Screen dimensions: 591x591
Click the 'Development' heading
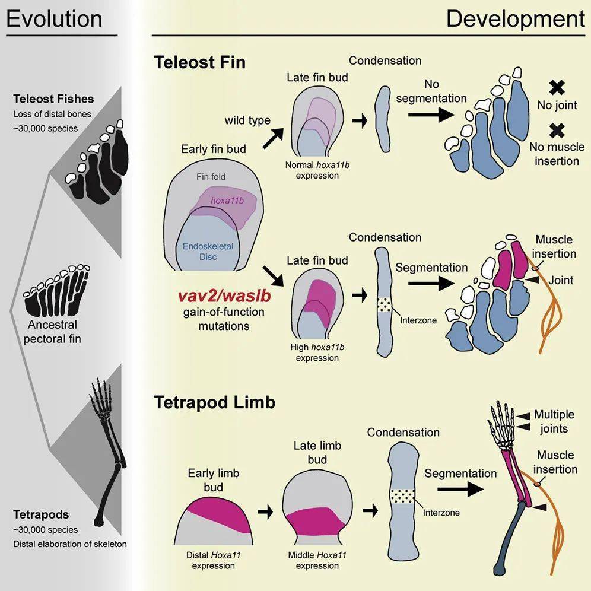point(515,19)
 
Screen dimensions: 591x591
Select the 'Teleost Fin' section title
point(200,62)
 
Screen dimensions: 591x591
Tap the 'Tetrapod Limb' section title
point(215,402)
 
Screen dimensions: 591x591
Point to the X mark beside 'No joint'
point(556,87)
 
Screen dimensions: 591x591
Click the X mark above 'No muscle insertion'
point(556,129)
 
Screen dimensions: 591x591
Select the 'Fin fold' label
point(211,176)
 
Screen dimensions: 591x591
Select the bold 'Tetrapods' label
point(41,514)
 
